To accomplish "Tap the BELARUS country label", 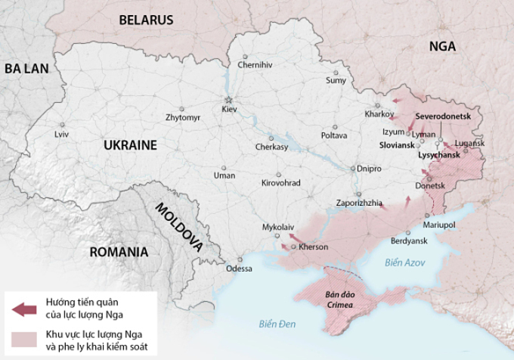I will click(x=146, y=20).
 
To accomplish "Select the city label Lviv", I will click(x=61, y=134).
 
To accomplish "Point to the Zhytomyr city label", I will click(x=183, y=118).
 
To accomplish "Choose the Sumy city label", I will click(x=336, y=80).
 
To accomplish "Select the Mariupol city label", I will click(x=439, y=225).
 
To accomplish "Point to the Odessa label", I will click(x=239, y=268).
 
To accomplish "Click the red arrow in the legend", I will click(x=24, y=309).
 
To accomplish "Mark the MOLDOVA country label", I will click(x=179, y=227).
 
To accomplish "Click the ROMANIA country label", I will click(x=118, y=252).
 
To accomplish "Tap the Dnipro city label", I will click(x=369, y=169).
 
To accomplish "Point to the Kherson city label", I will click(x=314, y=247).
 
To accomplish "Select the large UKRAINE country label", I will click(x=130, y=145).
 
